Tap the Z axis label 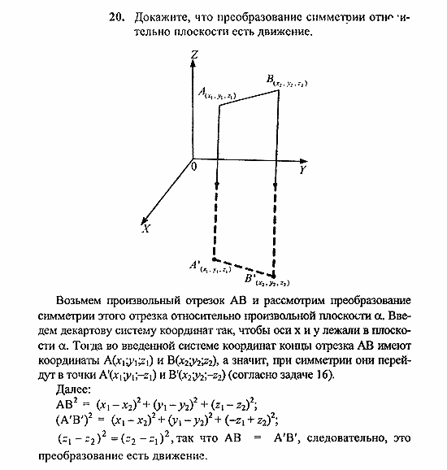tap(193, 54)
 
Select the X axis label tap(146, 229)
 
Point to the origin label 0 tap(193, 166)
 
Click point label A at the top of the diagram tap(202, 94)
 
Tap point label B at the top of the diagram tap(271, 79)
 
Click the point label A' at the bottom tap(195, 264)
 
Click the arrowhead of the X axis tap(143, 220)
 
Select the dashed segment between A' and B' tap(243, 268)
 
